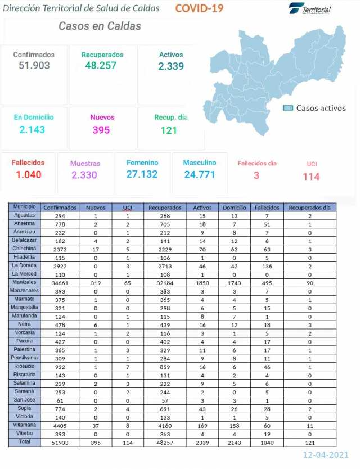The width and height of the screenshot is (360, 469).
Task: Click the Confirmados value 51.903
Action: [34, 66]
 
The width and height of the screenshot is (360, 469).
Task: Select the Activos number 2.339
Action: [171, 66]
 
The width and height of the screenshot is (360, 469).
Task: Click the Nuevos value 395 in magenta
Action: [102, 130]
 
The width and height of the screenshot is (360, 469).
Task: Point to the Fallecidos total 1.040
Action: [28, 174]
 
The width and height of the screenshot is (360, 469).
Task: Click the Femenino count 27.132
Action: [142, 174]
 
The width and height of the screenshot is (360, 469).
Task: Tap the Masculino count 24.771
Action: [200, 174]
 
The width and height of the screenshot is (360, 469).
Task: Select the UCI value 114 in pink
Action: [311, 177]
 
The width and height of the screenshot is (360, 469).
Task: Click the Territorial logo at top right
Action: [310, 8]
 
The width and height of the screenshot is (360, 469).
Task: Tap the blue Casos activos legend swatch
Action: [288, 108]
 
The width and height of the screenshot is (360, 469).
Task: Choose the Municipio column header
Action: [25, 207]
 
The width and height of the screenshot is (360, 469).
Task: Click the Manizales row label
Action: [25, 282]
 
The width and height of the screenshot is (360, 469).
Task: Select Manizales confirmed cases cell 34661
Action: [60, 282]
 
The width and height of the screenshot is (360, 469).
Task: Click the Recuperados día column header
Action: [309, 208]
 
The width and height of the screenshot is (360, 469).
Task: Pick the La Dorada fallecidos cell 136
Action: [267, 266]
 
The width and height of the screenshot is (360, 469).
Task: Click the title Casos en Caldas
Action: [100, 26]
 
